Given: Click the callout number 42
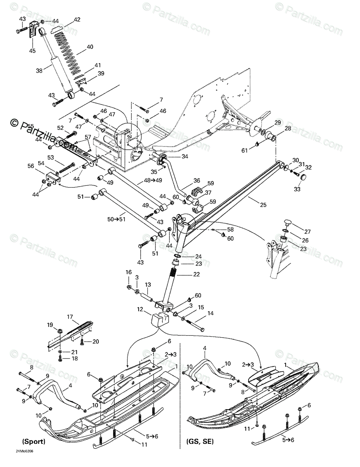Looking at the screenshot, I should tap(77, 20).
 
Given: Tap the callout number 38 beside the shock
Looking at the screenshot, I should tap(39, 71).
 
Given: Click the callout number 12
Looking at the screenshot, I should tap(140, 309).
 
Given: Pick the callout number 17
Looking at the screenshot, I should tap(70, 317).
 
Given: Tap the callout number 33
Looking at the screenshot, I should tap(297, 189).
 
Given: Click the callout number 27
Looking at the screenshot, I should tap(307, 232).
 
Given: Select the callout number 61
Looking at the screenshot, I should tap(245, 150).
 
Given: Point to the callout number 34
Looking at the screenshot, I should tap(185, 156).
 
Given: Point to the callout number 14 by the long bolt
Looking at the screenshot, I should tap(210, 314).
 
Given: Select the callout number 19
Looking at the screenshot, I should tap(50, 325).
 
